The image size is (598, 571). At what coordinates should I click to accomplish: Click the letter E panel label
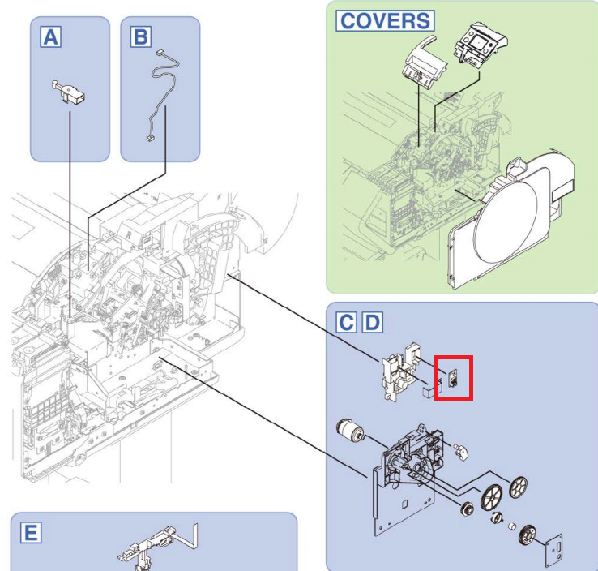[30, 533]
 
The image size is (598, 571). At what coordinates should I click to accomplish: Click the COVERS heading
[385, 20]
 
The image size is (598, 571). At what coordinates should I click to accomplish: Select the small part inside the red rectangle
[454, 378]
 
